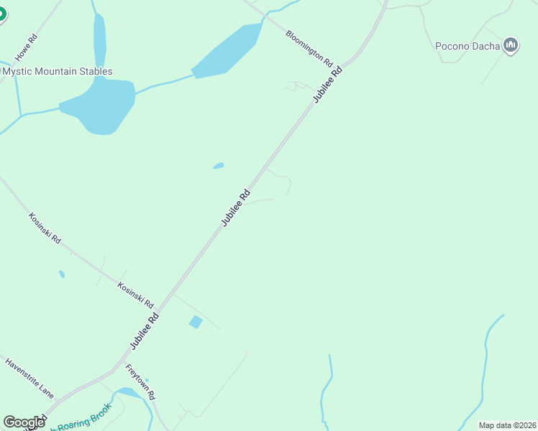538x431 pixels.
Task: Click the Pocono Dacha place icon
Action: [511, 46]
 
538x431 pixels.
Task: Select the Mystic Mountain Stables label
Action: [58, 72]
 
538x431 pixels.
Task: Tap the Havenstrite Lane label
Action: [29, 378]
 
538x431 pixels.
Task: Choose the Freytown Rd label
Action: [141, 382]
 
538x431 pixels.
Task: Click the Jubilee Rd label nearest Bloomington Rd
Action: [327, 85]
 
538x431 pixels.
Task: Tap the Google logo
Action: [24, 422]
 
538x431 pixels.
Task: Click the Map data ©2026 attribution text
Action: [507, 425]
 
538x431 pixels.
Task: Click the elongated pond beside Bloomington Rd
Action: [229, 50]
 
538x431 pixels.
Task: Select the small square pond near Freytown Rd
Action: [195, 323]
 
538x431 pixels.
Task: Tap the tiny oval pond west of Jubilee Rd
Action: [219, 166]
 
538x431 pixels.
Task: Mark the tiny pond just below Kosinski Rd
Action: [62, 274]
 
